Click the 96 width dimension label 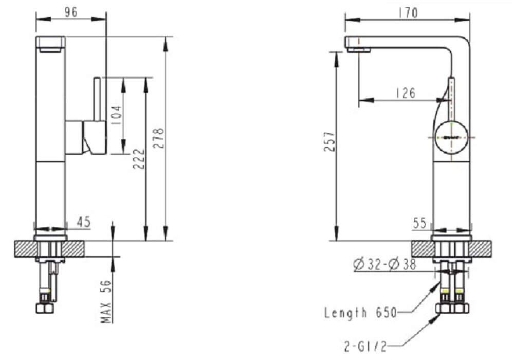(71, 12)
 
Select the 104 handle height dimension (117, 116)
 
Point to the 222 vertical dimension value (139, 159)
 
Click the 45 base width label (83, 222)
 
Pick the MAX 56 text (107, 301)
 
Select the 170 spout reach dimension (408, 12)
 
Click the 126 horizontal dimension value (406, 93)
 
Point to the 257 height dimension (330, 141)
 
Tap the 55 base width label (420, 223)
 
